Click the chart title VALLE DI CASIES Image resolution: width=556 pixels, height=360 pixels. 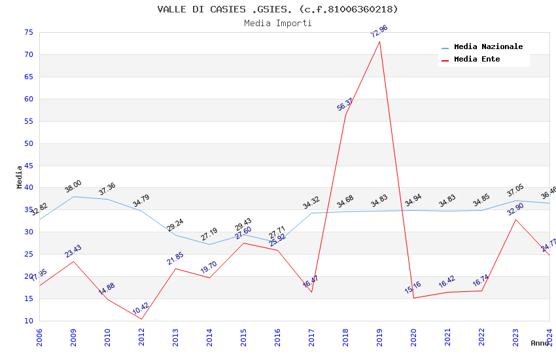[x=277, y=9]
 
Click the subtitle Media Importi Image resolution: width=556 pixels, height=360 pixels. [x=277, y=23]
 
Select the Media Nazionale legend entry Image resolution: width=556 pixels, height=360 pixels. [x=488, y=47]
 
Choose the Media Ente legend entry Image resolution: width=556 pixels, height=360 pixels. [x=477, y=60]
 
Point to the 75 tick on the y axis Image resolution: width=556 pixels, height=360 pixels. [x=28, y=33]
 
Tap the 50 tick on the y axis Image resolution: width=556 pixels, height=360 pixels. [x=28, y=143]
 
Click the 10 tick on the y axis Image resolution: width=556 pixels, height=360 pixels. [x=28, y=321]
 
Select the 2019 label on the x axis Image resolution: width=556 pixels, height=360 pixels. [x=380, y=338]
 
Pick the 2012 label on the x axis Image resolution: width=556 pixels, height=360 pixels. [x=142, y=338]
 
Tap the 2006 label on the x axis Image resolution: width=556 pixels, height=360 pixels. [x=40, y=338]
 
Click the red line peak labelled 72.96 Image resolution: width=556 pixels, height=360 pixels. [x=379, y=41]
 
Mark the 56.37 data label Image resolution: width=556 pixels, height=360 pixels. [x=345, y=104]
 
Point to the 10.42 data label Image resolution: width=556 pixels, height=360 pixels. [x=141, y=308]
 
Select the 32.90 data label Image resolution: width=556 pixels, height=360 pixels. [x=515, y=209]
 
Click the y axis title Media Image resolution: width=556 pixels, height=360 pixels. [x=20, y=177]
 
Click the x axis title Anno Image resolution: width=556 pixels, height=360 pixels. [x=540, y=343]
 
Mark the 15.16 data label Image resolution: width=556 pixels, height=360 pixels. [x=413, y=287]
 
